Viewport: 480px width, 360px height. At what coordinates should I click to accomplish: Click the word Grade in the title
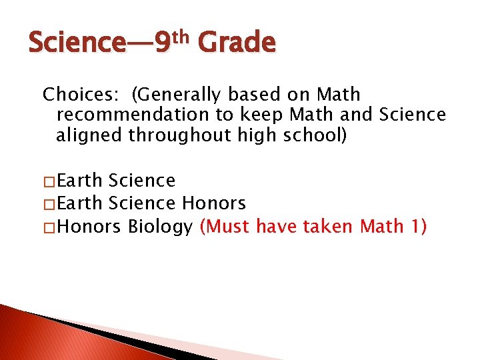coord(237,43)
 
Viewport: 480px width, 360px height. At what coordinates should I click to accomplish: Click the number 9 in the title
coord(162,44)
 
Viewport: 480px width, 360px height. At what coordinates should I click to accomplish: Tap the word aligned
coord(89,135)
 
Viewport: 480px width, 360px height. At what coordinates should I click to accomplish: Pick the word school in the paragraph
coord(311,135)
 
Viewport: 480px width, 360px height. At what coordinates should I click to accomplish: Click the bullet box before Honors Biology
coord(49,228)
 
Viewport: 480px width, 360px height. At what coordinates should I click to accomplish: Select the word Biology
coord(160,227)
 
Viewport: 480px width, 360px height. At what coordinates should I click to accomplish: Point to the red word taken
coord(328,227)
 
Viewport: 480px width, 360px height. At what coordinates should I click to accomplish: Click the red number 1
coord(417,227)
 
